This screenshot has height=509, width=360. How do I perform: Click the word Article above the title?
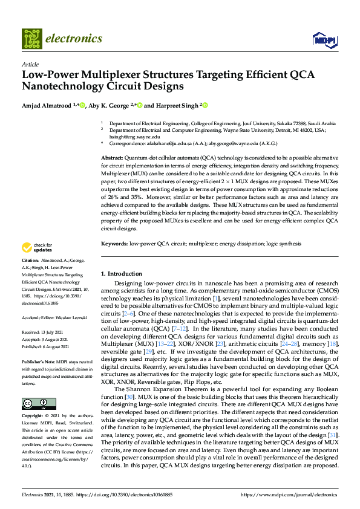click(30, 64)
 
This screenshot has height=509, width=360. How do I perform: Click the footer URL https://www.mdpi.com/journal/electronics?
click(290, 494)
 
